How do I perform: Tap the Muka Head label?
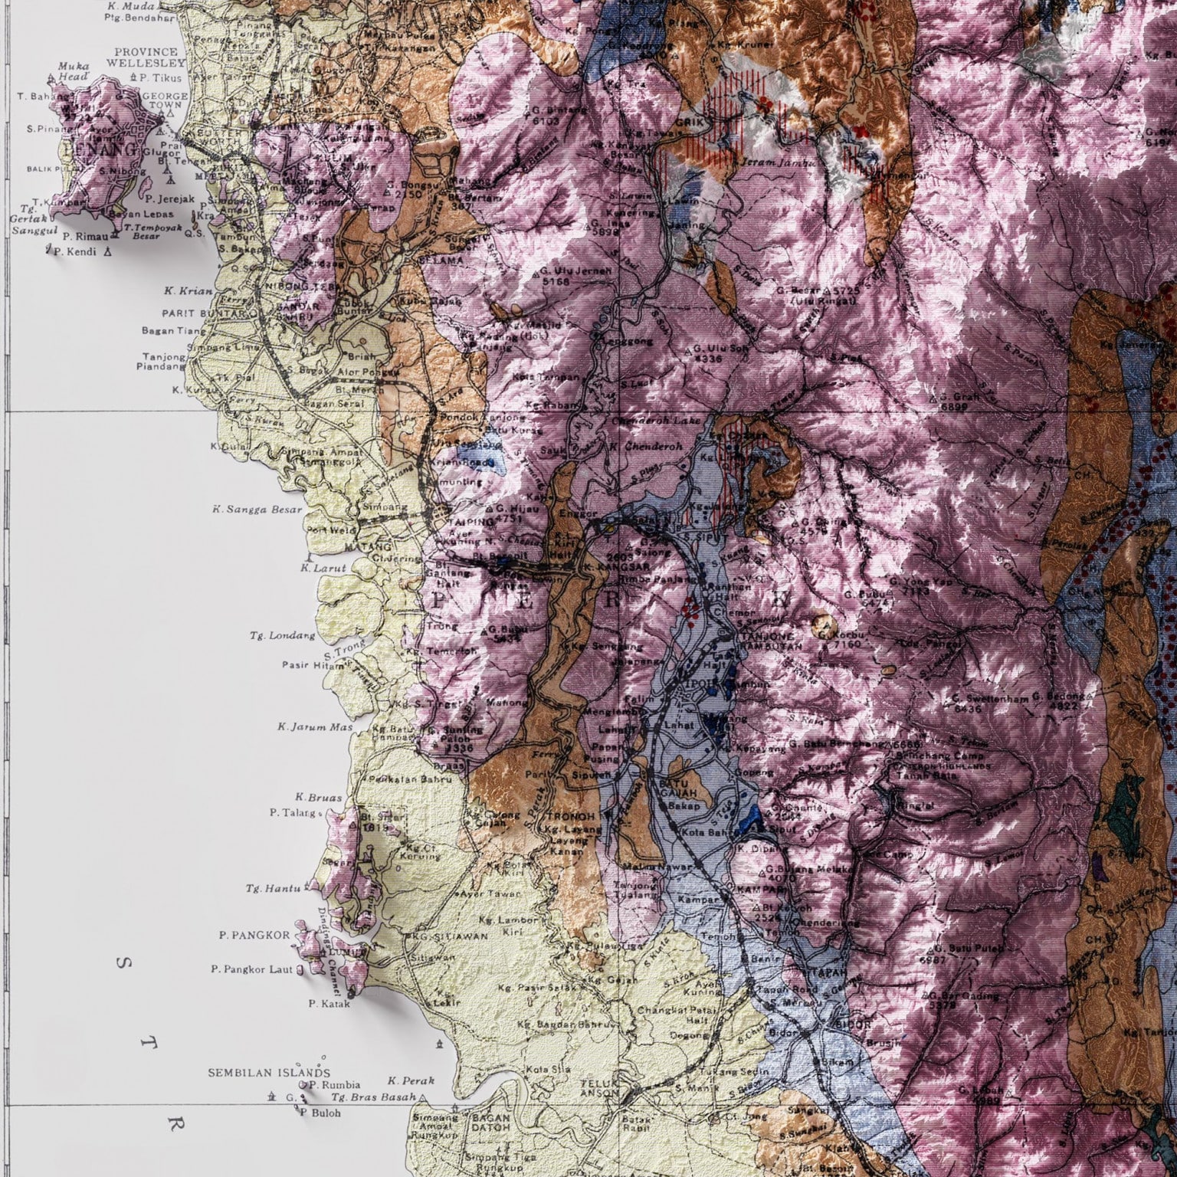point(73,71)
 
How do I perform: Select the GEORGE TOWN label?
point(166,100)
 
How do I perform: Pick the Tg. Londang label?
point(282,635)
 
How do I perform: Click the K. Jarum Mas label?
point(311,726)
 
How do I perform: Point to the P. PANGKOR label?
point(254,935)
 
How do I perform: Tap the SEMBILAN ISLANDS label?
point(269,1073)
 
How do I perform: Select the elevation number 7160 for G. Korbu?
point(847,644)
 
